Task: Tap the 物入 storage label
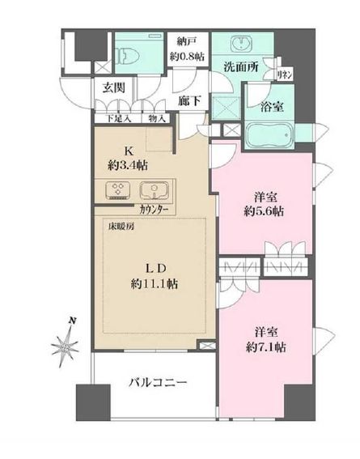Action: click(x=158, y=118)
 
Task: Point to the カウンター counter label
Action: click(x=155, y=210)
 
